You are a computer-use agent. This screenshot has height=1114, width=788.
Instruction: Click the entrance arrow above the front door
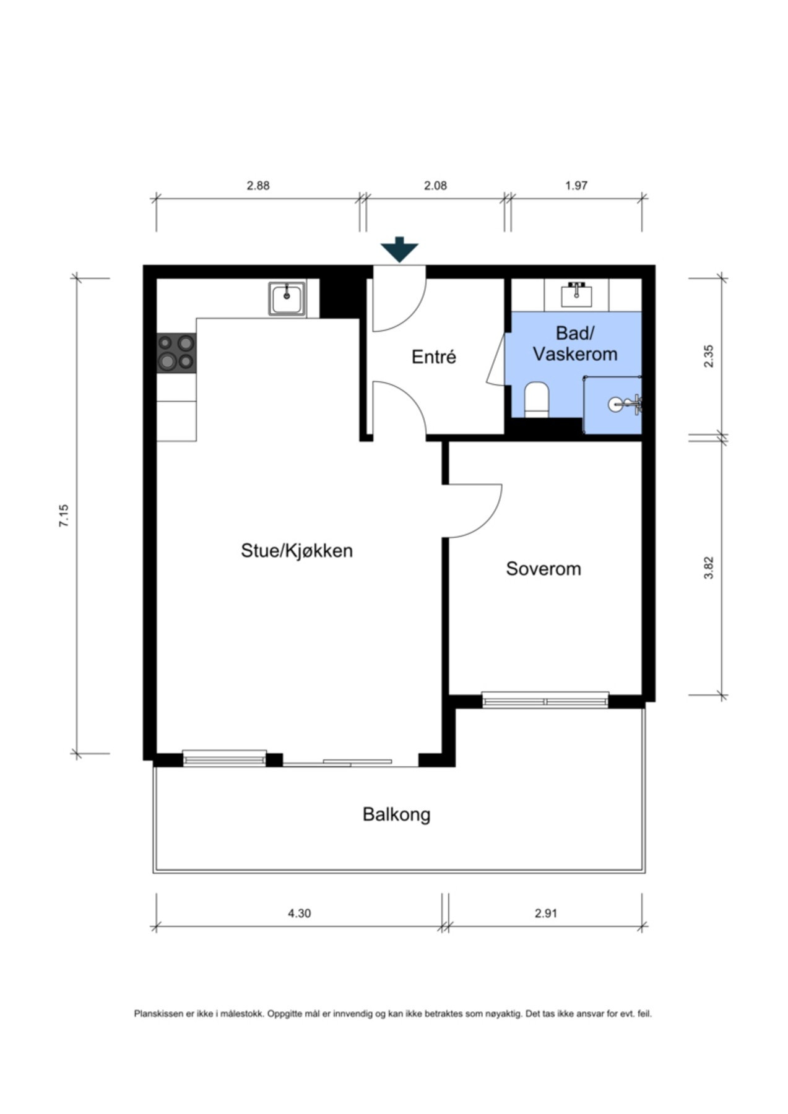point(399,249)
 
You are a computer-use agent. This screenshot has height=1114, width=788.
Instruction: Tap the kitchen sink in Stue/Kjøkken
point(287,298)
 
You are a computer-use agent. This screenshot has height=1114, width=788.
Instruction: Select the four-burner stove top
point(176,352)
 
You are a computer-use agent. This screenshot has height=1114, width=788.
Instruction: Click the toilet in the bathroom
point(536,399)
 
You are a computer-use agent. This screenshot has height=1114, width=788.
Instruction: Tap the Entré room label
point(433,357)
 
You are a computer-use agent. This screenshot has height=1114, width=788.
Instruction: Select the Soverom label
point(543,569)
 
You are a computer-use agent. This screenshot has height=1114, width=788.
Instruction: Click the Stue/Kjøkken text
point(297,550)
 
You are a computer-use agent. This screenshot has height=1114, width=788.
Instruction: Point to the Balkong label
point(396,814)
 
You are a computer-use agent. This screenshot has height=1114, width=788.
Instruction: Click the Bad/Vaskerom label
point(574,344)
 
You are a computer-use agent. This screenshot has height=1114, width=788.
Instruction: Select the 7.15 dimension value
point(64,516)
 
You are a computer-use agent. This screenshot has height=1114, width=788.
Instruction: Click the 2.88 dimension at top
point(258,185)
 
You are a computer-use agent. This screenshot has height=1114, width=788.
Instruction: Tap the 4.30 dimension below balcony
point(299,913)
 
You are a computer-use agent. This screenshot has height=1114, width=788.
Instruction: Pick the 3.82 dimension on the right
point(709,568)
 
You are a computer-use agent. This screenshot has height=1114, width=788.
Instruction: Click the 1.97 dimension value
point(576,185)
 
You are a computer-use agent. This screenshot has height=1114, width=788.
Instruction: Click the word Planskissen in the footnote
point(159,1014)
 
